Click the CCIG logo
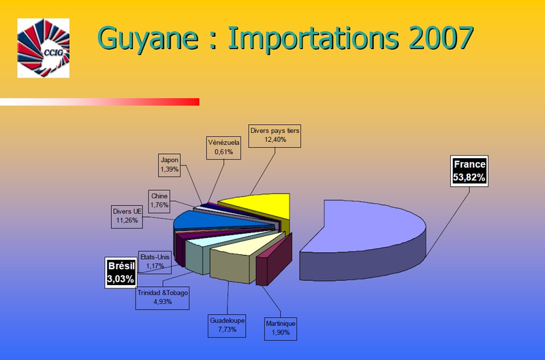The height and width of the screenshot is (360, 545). [44, 48]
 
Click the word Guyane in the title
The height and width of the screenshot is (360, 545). [149, 39]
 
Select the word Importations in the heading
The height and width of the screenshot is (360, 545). [313, 39]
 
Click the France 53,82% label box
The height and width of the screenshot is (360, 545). [469, 170]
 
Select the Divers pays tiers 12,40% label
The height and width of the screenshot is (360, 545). [275, 136]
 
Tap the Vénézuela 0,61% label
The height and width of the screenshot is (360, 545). [223, 147]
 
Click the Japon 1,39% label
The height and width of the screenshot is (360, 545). [169, 165]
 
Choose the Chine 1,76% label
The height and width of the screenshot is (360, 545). [159, 201]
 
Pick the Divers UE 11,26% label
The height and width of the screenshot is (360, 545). [127, 216]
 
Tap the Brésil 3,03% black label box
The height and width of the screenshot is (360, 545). [121, 273]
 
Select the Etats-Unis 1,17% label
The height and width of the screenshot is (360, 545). [155, 262]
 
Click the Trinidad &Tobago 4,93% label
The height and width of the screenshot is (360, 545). [162, 298]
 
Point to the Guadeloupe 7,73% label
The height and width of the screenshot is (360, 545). [227, 325]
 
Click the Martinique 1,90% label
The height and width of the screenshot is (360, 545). [281, 329]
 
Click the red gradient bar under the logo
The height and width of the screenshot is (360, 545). [99, 102]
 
